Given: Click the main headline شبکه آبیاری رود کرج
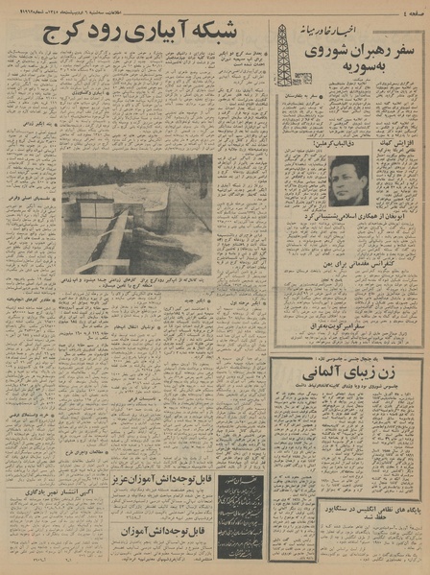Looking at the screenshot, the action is click(135, 36).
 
